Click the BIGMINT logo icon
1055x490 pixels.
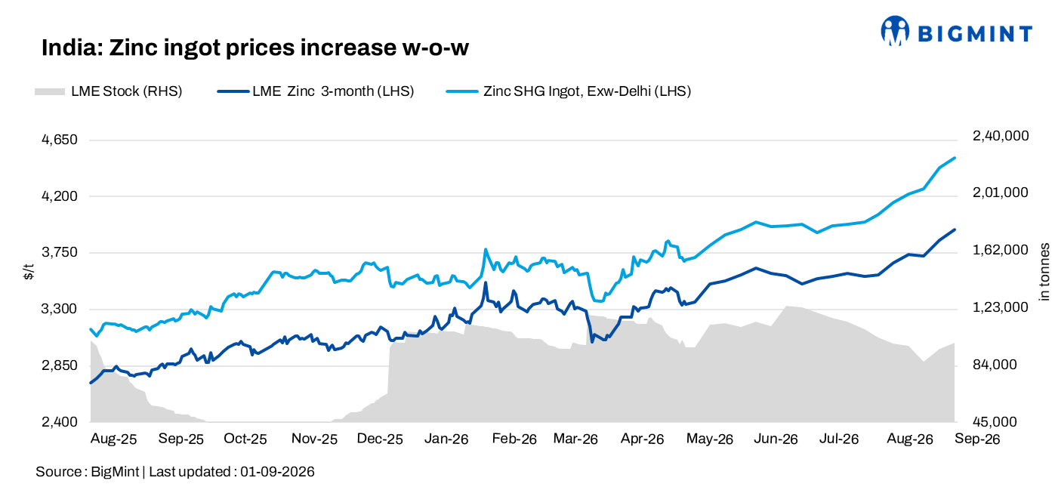coord(895,31)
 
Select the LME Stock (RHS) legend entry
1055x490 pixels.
coord(108,91)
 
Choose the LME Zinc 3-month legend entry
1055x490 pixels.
coord(316,91)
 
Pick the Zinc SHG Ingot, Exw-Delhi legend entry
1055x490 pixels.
coord(569,91)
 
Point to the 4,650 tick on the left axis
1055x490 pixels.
coord(60,140)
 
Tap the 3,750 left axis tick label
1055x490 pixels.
coord(60,253)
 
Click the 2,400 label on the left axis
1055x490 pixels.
coord(60,422)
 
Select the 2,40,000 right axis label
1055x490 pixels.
coord(1001,136)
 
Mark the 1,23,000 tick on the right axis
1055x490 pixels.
coord(1001,307)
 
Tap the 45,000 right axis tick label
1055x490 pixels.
coord(995,422)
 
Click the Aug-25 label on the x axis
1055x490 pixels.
coord(113,439)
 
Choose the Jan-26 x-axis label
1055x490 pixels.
coord(446,439)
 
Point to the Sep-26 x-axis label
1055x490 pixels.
coord(976,439)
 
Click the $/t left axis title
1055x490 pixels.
coord(29,272)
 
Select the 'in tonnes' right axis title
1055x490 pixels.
coord(1044,272)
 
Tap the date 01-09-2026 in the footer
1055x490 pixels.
coord(277,472)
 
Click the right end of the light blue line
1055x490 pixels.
coord(955,158)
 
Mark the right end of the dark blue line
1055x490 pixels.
coord(955,230)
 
